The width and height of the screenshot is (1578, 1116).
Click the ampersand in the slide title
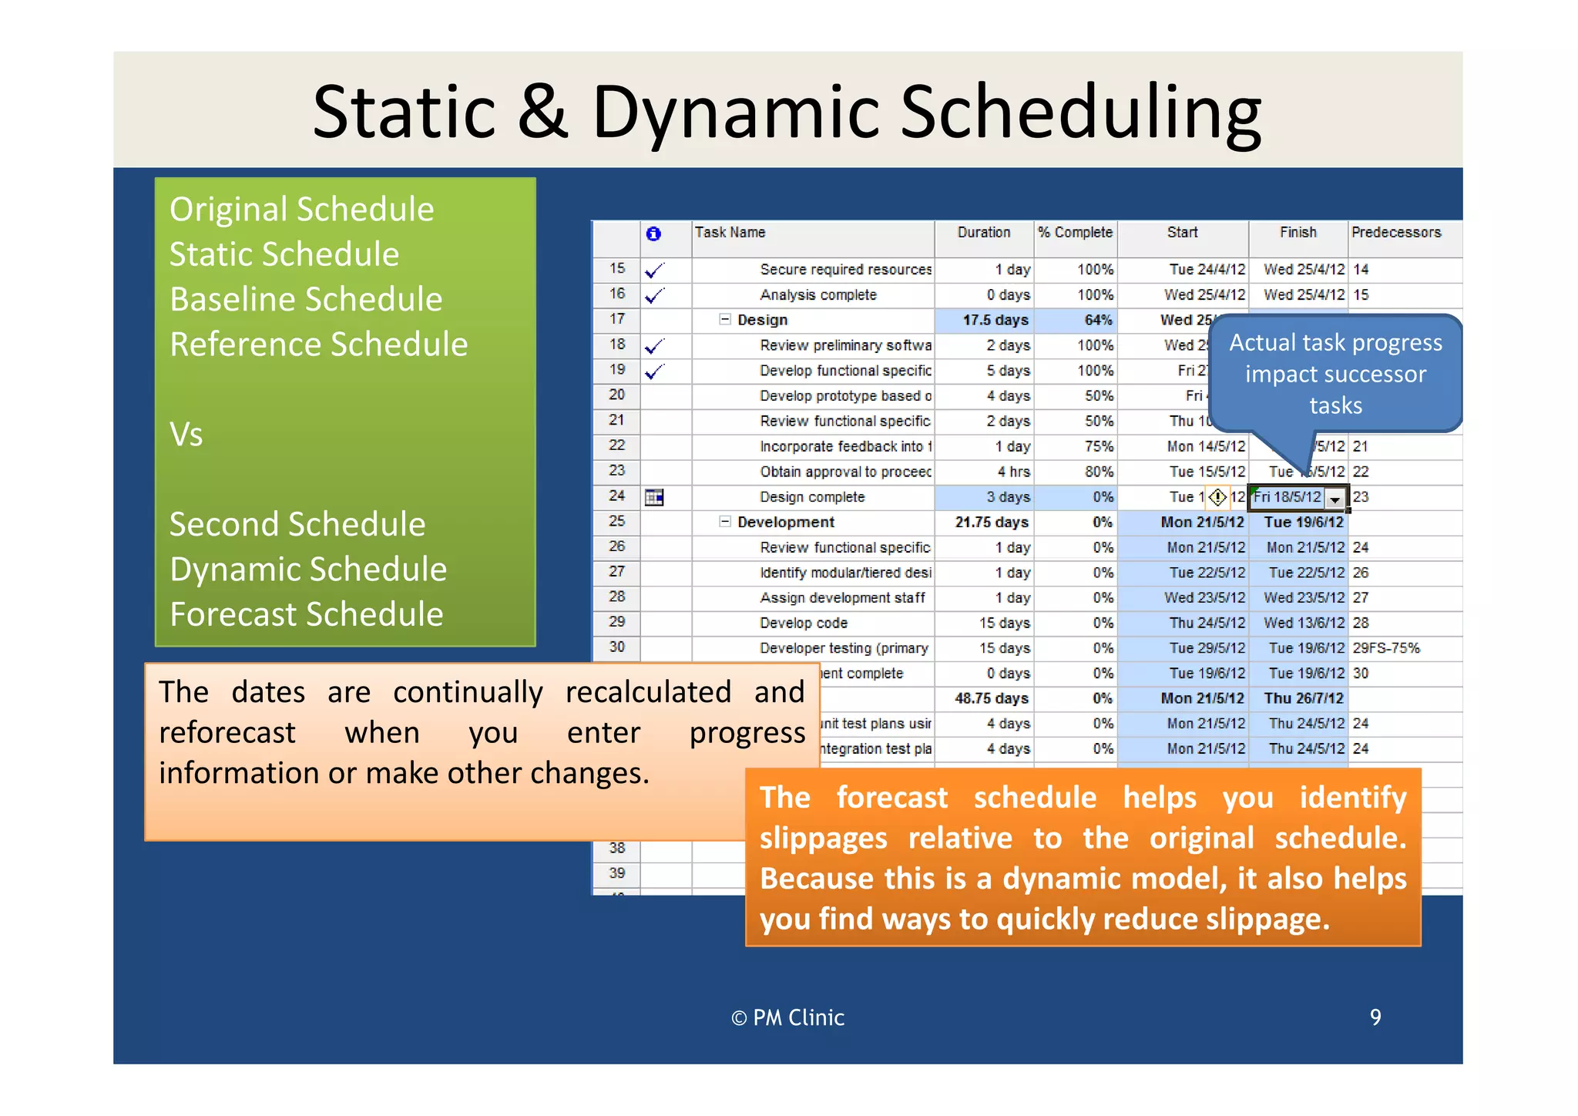coord(542,112)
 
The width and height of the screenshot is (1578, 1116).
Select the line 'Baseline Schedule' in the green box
coord(306,299)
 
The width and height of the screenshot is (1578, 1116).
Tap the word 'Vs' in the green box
coord(186,435)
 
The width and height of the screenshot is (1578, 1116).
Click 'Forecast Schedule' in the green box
coord(306,614)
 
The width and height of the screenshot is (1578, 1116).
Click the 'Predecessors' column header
coord(1395,233)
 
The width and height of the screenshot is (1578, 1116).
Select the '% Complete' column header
coord(1075,233)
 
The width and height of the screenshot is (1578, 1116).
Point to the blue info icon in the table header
coord(653,234)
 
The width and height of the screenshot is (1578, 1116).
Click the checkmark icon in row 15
coord(654,271)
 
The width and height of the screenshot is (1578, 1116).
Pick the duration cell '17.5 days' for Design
coord(995,320)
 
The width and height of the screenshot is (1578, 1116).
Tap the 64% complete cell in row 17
coord(1098,320)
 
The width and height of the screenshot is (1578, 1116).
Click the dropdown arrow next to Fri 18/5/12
coord(1335,499)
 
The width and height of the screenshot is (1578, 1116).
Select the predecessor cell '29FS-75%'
coord(1386,648)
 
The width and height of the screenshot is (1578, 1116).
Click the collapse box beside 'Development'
coord(724,522)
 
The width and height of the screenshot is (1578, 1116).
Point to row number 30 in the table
coord(617,647)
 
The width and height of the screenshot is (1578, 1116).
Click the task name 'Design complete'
coord(812,497)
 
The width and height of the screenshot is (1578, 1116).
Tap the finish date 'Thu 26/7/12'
coord(1304,698)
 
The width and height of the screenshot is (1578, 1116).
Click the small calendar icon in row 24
coord(654,498)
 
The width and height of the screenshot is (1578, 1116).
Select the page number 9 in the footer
coord(1375,1017)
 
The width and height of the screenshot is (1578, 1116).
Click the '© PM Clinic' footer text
coord(787,1018)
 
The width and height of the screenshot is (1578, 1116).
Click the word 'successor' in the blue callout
coord(1375,375)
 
